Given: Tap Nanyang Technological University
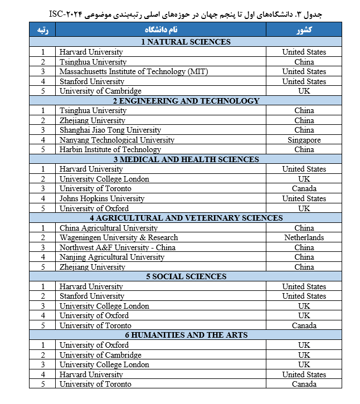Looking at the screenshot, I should (116, 140).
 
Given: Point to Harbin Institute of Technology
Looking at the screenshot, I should (110, 149).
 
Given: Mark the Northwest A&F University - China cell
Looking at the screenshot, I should (118, 247).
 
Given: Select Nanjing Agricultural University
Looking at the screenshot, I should (112, 257).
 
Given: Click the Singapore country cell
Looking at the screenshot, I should (304, 140).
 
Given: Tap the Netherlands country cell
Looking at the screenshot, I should (304, 237).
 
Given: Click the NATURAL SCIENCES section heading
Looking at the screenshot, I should (186, 42).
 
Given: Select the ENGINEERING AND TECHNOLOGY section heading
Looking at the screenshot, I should (186, 101).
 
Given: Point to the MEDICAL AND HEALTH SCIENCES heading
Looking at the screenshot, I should (186, 159).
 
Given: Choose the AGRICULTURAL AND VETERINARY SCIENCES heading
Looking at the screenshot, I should (186, 218).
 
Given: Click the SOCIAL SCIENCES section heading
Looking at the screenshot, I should (186, 276).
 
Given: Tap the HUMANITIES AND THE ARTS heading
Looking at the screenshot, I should (186, 335).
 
